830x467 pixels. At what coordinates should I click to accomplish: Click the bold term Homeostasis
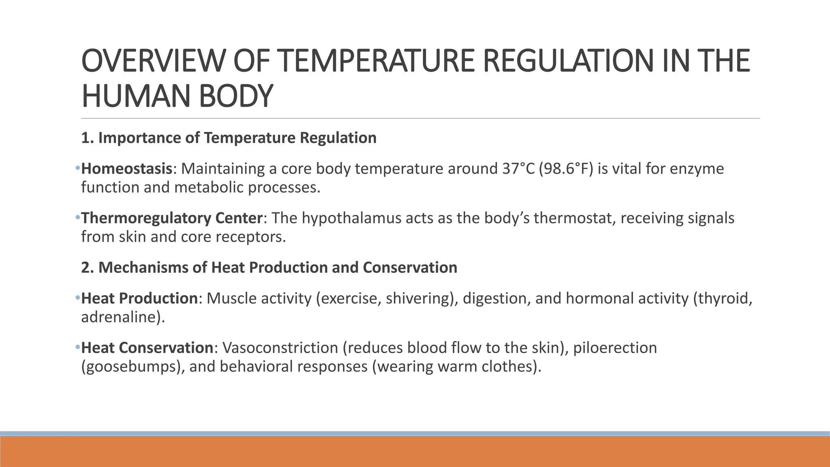[127, 169]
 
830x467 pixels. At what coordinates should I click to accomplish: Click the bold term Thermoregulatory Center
[172, 218]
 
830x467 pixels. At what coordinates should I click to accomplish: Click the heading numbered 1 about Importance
[229, 138]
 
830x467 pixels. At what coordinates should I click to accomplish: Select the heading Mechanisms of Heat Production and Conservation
[269, 268]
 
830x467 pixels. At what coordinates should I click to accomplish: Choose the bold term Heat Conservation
[147, 348]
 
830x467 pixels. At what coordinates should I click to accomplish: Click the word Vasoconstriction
[280, 348]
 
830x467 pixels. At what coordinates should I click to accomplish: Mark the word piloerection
[615, 348]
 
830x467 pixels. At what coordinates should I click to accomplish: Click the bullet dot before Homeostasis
[77, 168]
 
